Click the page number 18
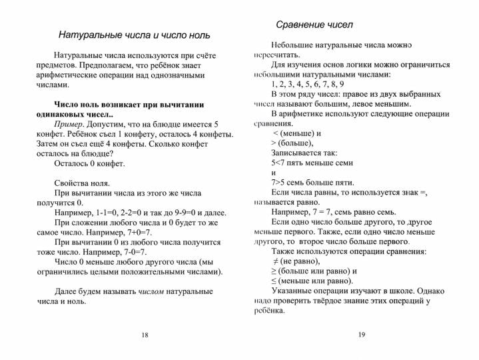tap(145, 335)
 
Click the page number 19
tap(362, 335)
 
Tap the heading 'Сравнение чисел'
tap(314, 25)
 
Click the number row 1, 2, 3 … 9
tap(308, 84)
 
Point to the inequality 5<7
tap(280, 163)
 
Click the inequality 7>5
tap(280, 182)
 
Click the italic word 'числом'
tap(152, 291)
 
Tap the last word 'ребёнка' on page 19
tap(269, 310)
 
